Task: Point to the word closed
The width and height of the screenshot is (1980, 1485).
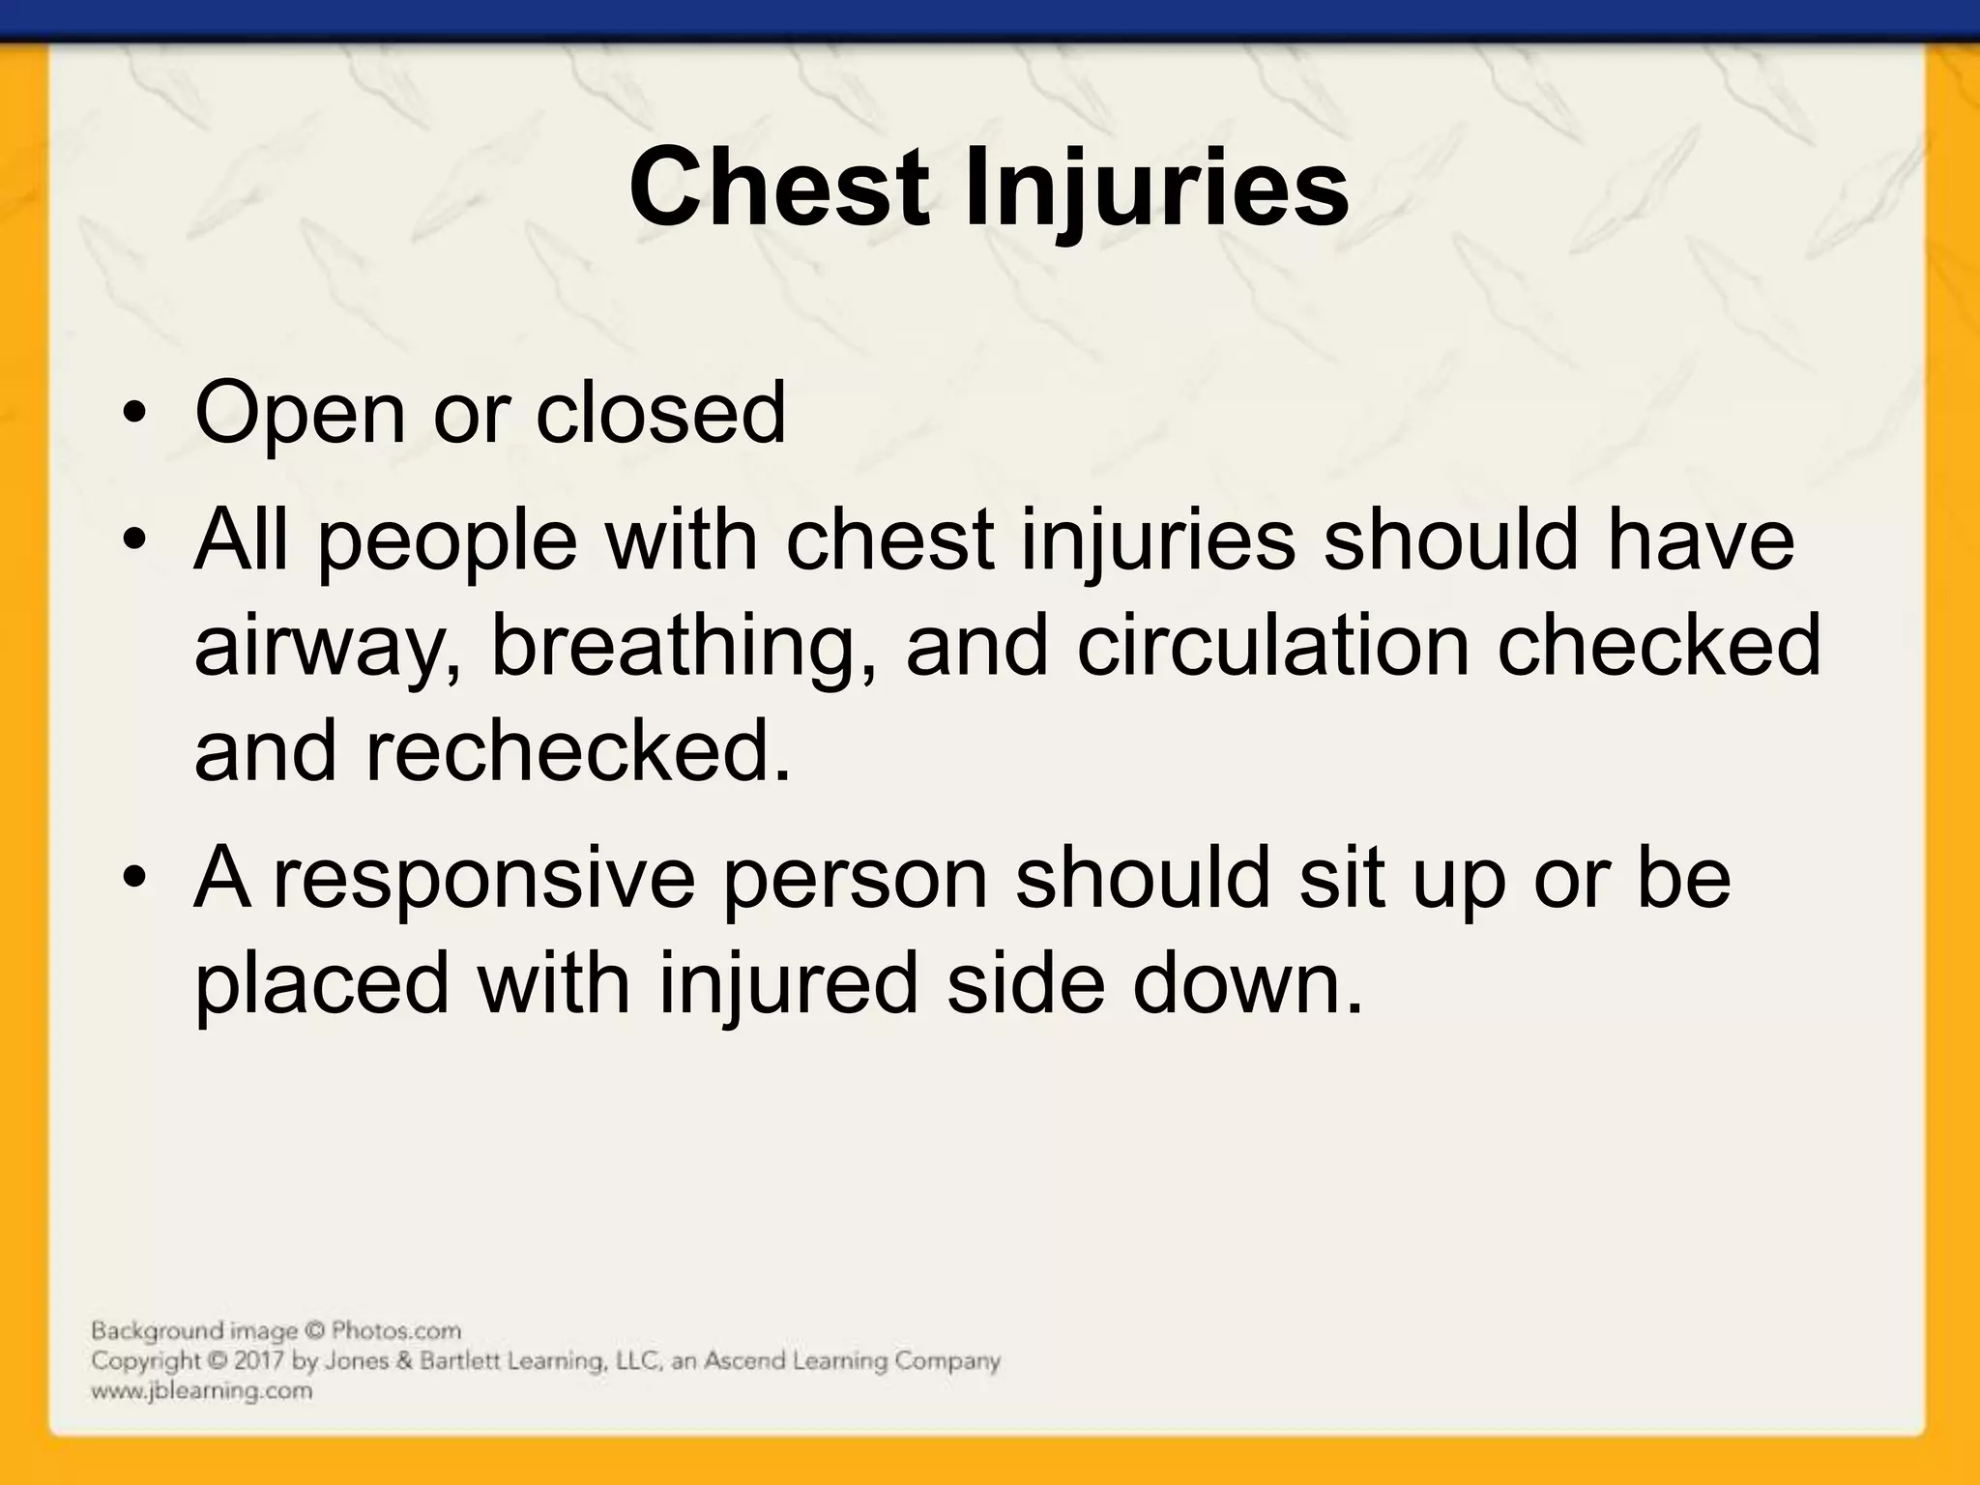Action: point(660,414)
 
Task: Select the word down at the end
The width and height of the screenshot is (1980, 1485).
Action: point(1247,982)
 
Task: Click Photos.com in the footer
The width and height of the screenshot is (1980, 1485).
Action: point(395,1331)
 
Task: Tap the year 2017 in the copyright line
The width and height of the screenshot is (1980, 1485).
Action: point(262,1361)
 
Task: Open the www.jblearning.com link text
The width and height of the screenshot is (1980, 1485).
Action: point(201,1391)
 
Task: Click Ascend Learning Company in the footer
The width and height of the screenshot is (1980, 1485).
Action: point(851,1361)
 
